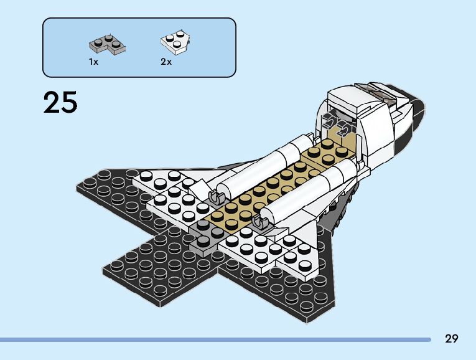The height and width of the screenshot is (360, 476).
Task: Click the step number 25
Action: pos(60,103)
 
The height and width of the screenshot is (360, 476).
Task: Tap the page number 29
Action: pos(451,339)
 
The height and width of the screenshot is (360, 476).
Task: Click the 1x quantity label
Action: pos(93,62)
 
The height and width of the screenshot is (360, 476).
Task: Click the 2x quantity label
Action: pos(166,62)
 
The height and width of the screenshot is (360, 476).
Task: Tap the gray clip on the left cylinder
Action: pos(215,197)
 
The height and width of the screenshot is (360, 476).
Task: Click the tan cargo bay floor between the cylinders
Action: pos(274,187)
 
